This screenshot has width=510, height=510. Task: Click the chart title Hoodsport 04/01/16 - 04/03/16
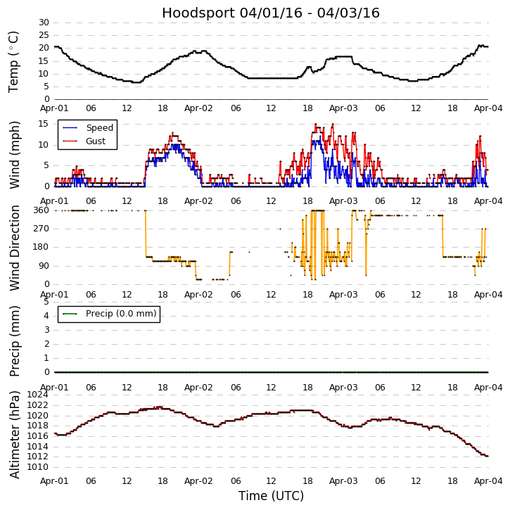coord(271,13)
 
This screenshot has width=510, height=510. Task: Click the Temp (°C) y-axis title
coord(14,61)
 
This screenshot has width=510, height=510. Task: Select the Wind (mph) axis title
coord(14,154)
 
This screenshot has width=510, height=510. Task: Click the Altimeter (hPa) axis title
coord(14,434)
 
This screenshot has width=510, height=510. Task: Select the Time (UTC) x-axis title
coord(271,496)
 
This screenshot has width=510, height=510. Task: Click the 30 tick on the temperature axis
coord(44,23)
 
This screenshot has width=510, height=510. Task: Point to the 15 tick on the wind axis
coord(44,124)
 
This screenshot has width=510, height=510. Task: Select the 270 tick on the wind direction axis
coord(41,229)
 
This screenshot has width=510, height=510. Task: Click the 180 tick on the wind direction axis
coord(41,247)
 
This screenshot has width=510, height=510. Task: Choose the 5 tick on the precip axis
coord(46,301)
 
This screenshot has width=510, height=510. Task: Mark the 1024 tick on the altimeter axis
coord(38,395)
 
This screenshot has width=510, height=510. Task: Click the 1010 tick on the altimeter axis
coord(38,466)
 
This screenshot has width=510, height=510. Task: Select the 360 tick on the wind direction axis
coord(41,210)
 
